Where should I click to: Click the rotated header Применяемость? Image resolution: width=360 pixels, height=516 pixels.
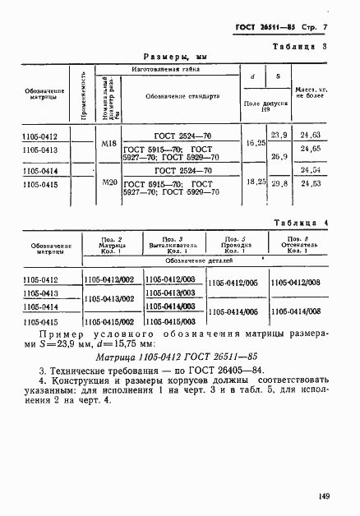(85, 95)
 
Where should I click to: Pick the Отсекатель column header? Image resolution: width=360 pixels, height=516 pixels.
(298, 248)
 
